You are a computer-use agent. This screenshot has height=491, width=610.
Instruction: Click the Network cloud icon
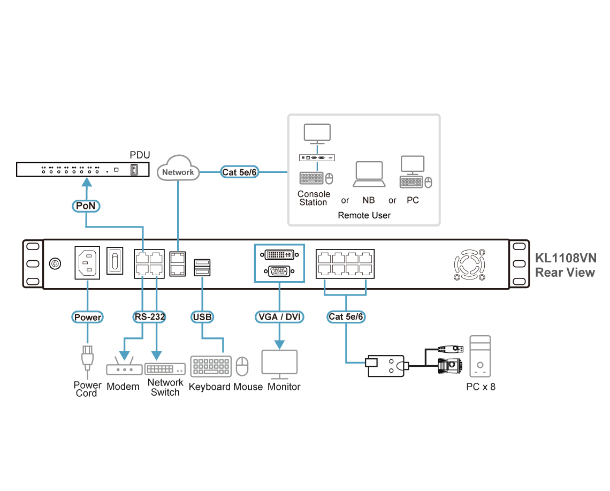(178, 168)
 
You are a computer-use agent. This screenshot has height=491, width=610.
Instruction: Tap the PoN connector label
(86, 206)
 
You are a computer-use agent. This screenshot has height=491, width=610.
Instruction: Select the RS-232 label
(149, 317)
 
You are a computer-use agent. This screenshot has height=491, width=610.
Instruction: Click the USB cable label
(202, 317)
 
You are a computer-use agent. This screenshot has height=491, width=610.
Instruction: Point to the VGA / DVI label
(279, 317)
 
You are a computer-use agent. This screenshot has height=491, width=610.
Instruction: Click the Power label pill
(88, 317)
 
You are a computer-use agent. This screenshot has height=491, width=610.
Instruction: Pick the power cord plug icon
(87, 358)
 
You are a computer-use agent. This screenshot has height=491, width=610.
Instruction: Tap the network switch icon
(165, 368)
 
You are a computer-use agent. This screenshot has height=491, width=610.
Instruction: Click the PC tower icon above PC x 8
(480, 356)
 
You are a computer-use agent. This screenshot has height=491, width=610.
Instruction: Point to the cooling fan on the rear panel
(470, 265)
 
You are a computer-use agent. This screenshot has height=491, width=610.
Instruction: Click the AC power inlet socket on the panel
(87, 262)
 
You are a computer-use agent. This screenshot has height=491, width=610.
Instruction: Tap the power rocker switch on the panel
(115, 260)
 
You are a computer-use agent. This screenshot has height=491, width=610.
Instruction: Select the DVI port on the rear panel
(279, 255)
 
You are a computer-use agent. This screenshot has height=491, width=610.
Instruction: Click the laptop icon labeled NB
(369, 174)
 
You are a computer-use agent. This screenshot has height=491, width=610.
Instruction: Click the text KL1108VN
(566, 258)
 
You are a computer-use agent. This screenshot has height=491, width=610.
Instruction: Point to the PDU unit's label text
(140, 155)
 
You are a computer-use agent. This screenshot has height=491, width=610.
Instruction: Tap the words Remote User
(364, 215)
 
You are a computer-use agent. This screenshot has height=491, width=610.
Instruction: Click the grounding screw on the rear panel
(55, 263)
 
